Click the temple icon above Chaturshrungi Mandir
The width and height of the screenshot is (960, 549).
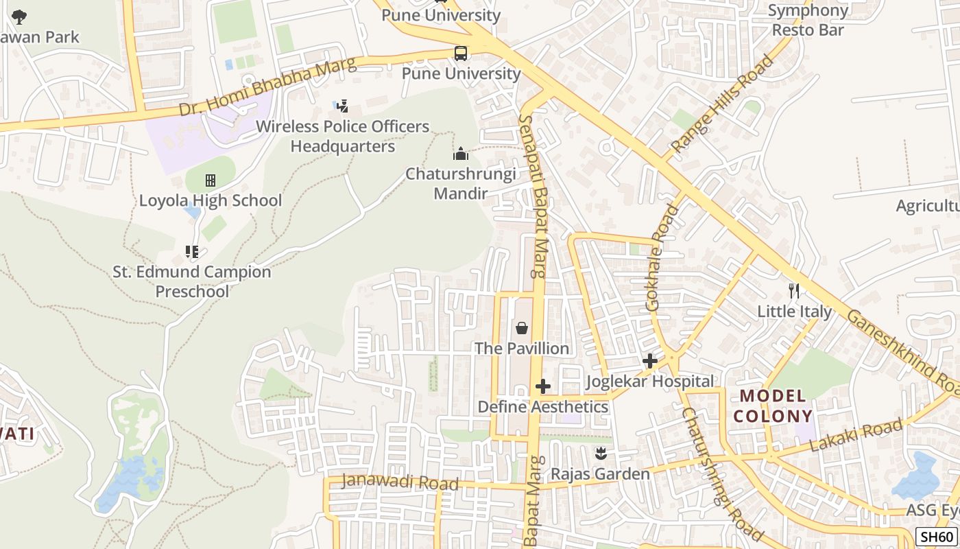coord(461,154)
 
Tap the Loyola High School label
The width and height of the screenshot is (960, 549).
coord(210,200)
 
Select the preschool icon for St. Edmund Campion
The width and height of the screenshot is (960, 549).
coord(192,252)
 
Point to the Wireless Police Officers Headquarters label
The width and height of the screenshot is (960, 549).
coord(342,137)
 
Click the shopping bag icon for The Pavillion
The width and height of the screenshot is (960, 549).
coord(521,328)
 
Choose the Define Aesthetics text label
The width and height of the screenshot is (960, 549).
coord(542,406)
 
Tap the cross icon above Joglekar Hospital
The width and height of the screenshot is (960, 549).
coord(649,361)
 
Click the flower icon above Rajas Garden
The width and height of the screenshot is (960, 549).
coord(601,454)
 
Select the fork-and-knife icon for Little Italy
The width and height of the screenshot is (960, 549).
coord(794,291)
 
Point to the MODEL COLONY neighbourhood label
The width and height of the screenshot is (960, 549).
coord(772,406)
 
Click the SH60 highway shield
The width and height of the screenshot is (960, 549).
coord(937,537)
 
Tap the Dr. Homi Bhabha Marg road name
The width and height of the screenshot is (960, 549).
coord(268,87)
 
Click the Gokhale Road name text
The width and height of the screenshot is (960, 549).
coord(662,257)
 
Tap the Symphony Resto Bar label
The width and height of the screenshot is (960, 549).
coord(808,21)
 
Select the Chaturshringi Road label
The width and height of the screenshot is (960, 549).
coord(722,474)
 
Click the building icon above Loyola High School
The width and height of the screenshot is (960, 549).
coord(210,180)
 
